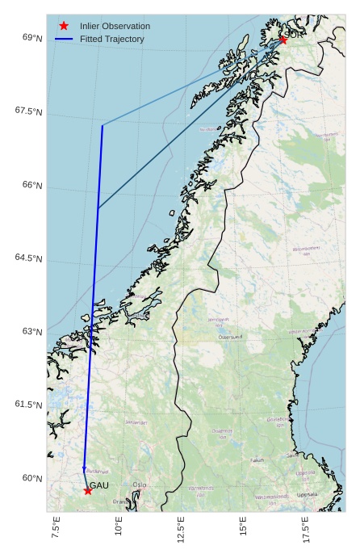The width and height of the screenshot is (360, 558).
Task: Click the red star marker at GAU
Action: tap(87, 490)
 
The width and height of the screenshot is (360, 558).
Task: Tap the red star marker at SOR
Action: tap(283, 40)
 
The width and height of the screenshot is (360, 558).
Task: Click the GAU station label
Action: tap(98, 485)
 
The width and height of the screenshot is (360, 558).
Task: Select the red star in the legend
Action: tap(64, 26)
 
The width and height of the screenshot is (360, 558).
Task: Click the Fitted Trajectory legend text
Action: tap(112, 39)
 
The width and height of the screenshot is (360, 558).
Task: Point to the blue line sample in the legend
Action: tap(64, 39)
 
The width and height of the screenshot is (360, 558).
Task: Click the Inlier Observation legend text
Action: tap(115, 26)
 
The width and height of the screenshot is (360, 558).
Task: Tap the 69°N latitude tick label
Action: tap(32, 38)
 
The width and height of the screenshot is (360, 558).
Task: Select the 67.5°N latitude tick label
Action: tap(28, 111)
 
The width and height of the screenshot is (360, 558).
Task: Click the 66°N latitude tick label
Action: tap(32, 185)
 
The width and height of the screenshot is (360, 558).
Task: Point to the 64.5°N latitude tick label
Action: tap(28, 258)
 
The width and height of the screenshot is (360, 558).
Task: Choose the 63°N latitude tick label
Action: tap(32, 332)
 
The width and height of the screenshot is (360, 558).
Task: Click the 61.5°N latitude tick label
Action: tap(28, 405)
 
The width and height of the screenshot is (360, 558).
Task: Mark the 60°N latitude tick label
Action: tap(32, 478)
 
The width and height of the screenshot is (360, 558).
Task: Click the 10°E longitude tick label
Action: tap(119, 531)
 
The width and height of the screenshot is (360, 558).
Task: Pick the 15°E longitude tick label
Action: tap(244, 531)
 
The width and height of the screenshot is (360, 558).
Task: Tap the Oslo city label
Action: tap(140, 485)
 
